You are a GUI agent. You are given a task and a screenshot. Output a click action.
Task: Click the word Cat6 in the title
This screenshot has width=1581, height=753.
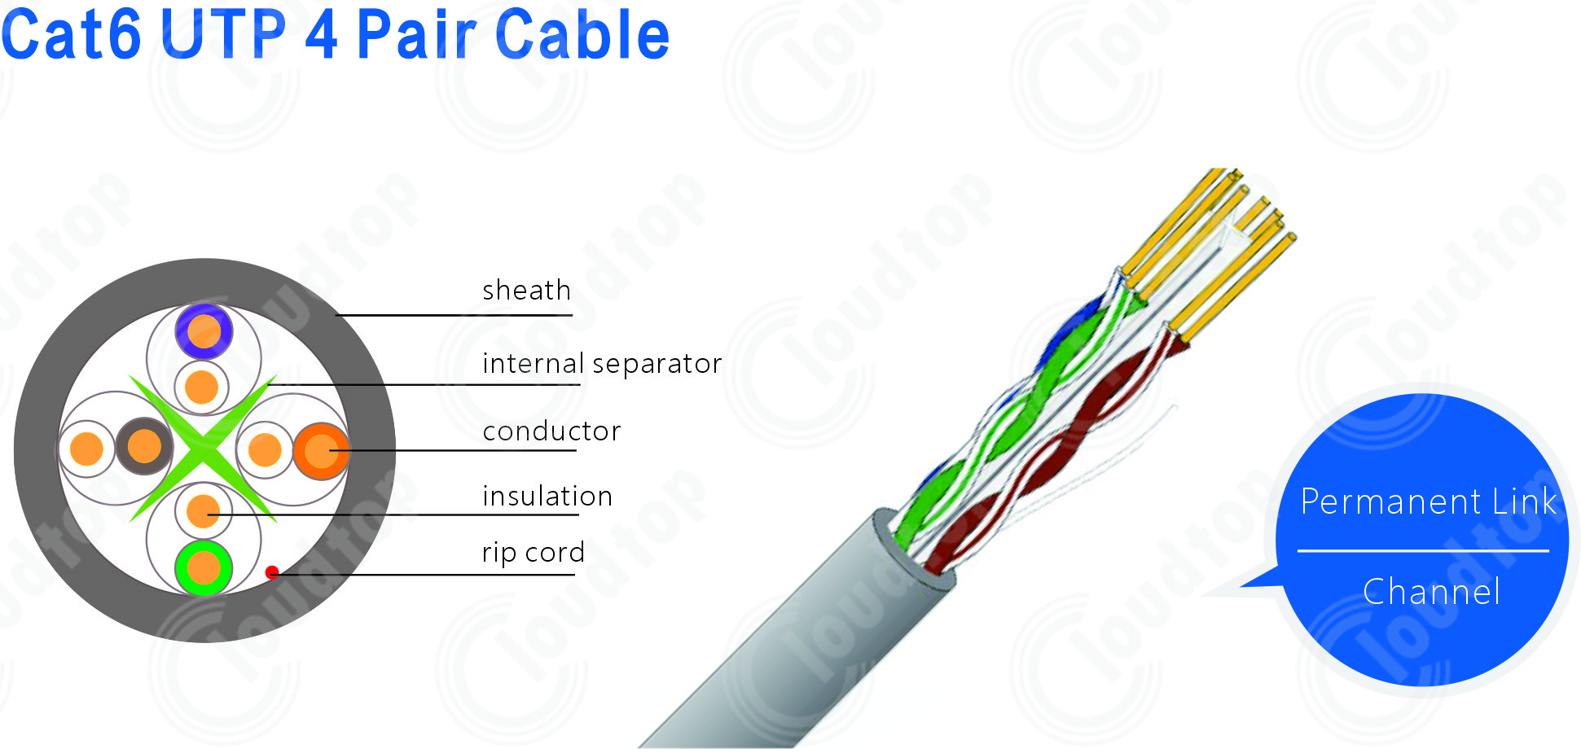(x=71, y=34)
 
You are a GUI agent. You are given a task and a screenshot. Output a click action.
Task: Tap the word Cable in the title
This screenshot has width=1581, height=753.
(x=582, y=34)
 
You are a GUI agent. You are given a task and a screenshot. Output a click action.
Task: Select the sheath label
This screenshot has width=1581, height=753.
(x=526, y=290)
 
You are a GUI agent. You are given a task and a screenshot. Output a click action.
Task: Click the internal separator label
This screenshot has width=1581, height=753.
(x=602, y=363)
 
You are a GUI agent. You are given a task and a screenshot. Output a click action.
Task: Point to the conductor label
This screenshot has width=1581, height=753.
(x=551, y=431)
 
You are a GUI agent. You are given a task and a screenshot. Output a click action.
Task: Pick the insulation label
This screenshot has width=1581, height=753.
(x=547, y=496)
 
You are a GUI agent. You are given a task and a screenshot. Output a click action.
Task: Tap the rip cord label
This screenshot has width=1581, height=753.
(x=534, y=553)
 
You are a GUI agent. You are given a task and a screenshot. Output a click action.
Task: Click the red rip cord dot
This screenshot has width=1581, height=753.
(x=272, y=572)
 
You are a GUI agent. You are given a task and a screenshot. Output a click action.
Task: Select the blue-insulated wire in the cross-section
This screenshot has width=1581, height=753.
(x=204, y=331)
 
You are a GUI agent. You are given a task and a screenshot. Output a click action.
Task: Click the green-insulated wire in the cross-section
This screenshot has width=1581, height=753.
(x=204, y=567)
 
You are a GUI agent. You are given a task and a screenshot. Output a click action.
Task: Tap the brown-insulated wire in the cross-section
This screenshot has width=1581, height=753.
(x=144, y=446)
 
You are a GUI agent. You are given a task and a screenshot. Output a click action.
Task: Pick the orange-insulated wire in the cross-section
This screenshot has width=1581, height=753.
(x=321, y=450)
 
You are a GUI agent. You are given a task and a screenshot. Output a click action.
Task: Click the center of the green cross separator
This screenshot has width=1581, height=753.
(x=203, y=448)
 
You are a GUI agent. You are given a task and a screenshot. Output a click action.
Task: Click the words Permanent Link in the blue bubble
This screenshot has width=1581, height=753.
(x=1428, y=501)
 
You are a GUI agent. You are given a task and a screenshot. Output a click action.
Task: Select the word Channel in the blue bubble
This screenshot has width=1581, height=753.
(x=1431, y=592)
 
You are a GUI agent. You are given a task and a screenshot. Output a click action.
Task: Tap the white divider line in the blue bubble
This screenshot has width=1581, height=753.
(x=1423, y=551)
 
